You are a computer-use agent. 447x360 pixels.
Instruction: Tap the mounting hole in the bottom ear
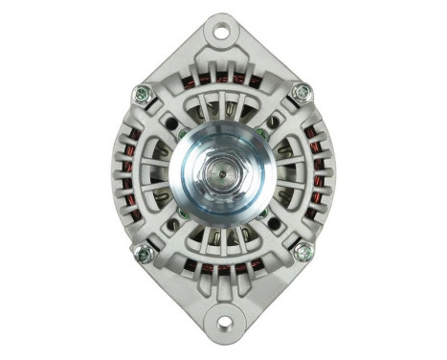(222, 323)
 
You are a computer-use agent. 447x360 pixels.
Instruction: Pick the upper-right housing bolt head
(302, 94)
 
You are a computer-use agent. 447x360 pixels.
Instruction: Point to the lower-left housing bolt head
(145, 253)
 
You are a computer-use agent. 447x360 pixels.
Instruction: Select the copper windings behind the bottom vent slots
(222, 271)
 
